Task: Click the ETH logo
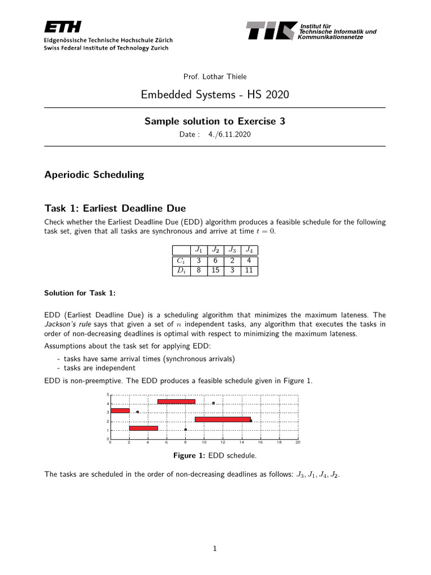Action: tap(62, 27)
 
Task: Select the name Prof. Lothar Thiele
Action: tap(215, 76)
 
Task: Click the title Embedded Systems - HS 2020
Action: tap(215, 95)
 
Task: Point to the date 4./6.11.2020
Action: tap(230, 134)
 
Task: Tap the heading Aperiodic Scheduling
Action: tap(94, 175)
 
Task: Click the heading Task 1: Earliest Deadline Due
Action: tap(114, 209)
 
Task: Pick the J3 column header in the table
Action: tap(232, 250)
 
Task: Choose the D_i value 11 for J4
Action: tap(249, 270)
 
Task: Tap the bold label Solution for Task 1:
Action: tap(80, 293)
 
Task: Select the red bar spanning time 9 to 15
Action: tap(222, 419)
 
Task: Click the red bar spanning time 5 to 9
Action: tap(176, 401)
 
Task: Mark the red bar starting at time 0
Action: tap(120, 410)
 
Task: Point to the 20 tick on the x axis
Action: tap(298, 442)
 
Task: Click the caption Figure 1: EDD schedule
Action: tap(215, 455)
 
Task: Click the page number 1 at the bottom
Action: tap(215, 549)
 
